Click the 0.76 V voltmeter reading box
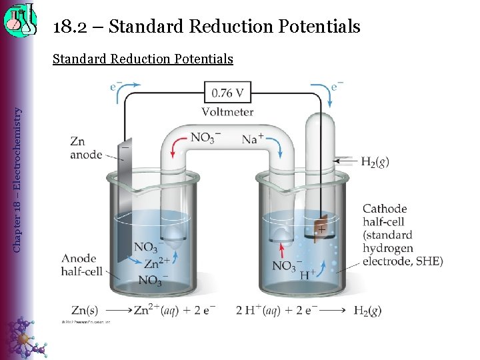pos(227,91)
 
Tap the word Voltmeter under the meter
pos(227,112)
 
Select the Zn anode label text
pos(86,148)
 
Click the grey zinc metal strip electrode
pos(123,200)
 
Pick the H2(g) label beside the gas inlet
pos(375,161)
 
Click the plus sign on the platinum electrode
pos(321,229)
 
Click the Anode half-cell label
pos(81,265)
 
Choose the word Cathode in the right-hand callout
pos(385,209)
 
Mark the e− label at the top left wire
pos(116,86)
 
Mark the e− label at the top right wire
pos(337,86)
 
